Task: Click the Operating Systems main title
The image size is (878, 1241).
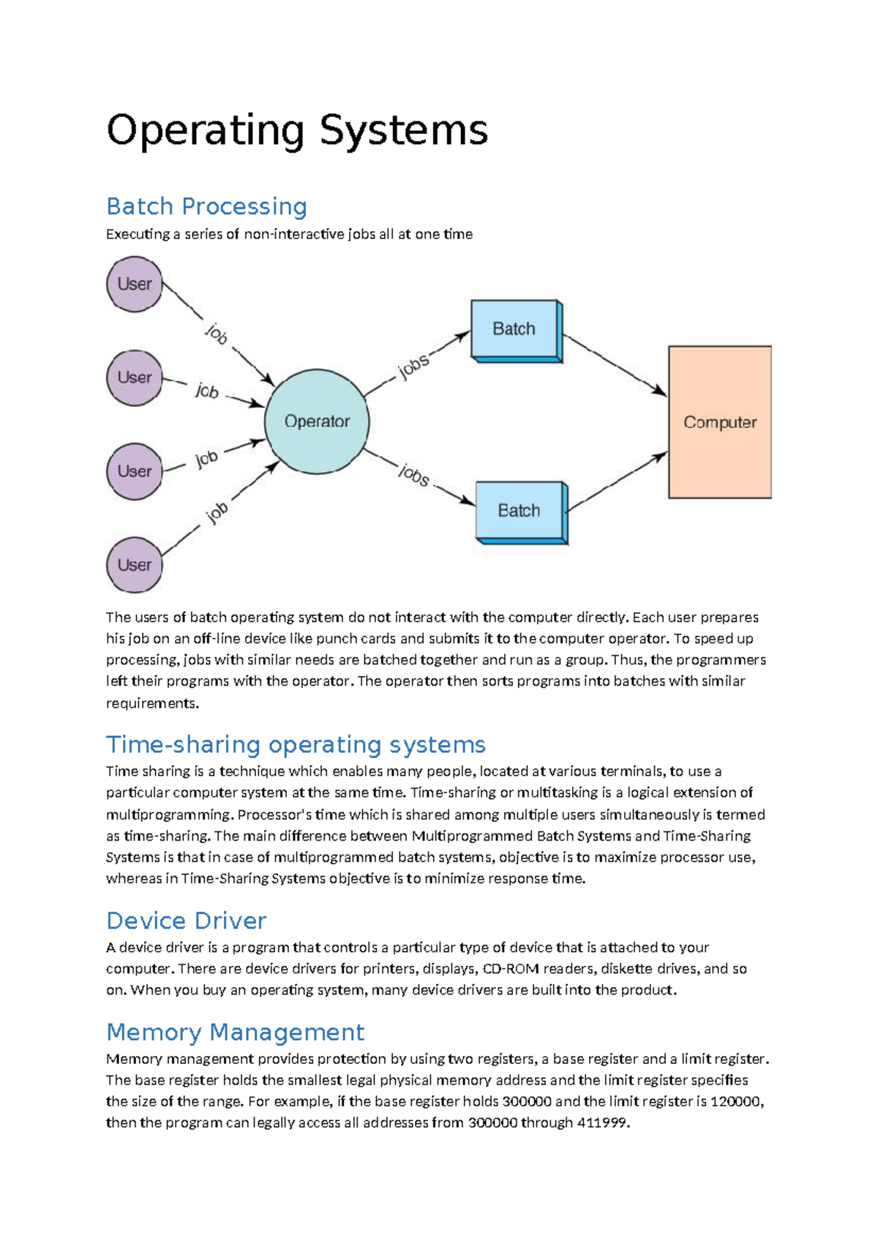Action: [x=296, y=131]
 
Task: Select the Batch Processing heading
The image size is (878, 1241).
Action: [x=206, y=206]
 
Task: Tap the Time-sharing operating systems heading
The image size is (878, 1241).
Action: [x=296, y=744]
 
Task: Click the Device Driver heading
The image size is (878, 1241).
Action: [x=186, y=921]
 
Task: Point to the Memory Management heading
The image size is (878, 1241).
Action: [x=235, y=1032]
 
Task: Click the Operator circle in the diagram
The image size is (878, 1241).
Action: [x=317, y=421]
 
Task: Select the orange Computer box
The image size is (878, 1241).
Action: [x=720, y=422]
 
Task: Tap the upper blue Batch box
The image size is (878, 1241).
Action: [x=514, y=329]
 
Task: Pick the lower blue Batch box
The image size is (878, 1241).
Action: [x=519, y=511]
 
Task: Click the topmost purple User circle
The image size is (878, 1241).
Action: [x=134, y=284]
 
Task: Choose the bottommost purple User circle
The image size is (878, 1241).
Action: [x=134, y=565]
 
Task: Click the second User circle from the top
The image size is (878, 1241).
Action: [x=134, y=378]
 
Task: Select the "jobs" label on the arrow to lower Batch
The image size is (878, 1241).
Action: [x=414, y=476]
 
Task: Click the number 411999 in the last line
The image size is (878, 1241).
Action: [x=602, y=1122]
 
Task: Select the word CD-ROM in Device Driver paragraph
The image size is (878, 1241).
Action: [x=510, y=969]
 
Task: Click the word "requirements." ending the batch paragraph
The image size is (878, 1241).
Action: [x=152, y=703]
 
